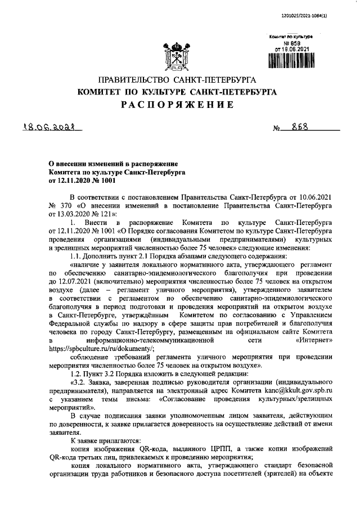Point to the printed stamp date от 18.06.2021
tap(291, 49)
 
